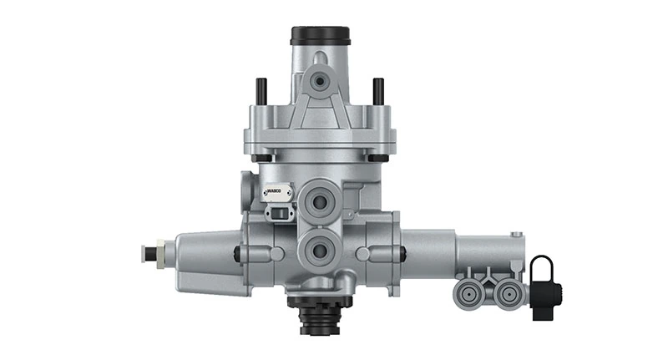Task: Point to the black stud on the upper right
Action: (x=378, y=89)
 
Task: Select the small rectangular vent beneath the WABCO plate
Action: (x=276, y=214)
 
